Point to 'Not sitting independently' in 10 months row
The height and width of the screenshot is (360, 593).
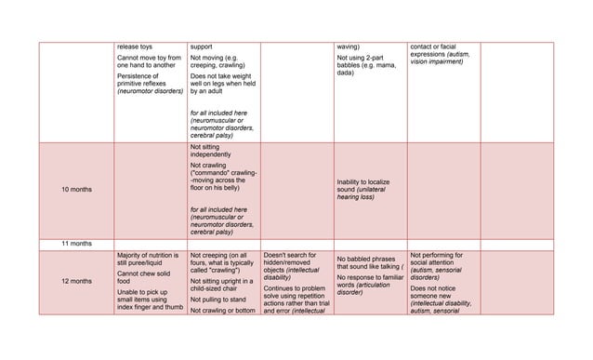click(212, 151)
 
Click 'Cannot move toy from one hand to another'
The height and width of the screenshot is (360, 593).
click(149, 62)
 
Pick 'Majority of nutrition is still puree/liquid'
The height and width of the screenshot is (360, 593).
click(149, 259)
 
